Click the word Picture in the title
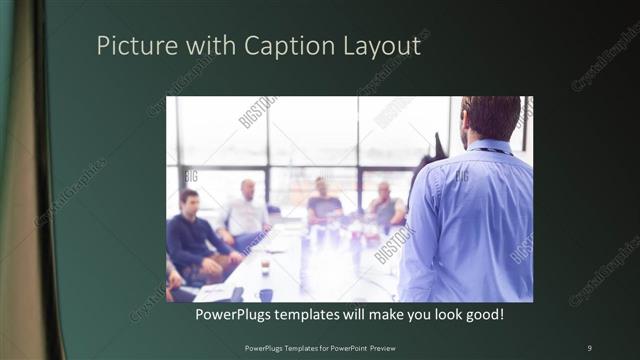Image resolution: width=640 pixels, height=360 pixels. point(131,46)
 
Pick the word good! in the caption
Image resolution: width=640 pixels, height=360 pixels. point(482,315)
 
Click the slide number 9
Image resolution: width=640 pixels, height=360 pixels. point(589,347)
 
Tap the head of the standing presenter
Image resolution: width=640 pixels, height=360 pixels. point(490,118)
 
